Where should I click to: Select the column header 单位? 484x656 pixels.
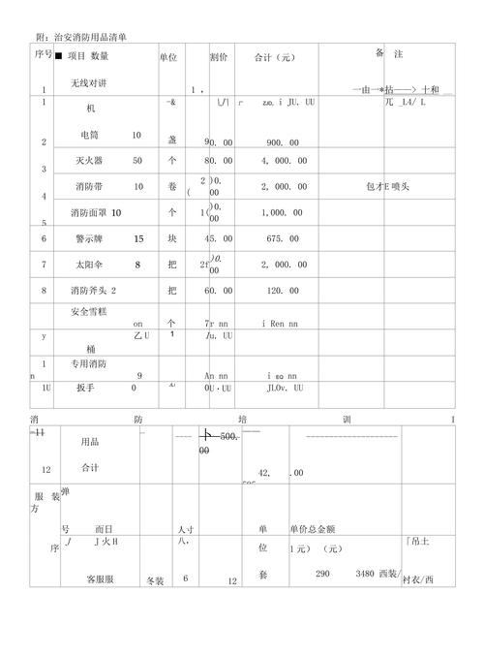tap(167, 58)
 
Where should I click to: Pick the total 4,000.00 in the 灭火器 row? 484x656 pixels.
tap(280, 160)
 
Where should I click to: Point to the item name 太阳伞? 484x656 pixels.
tap(93, 264)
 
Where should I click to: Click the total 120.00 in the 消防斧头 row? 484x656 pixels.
tap(281, 290)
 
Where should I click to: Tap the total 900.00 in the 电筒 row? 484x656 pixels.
tap(281, 142)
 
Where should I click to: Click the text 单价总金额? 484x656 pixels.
tap(312, 529)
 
